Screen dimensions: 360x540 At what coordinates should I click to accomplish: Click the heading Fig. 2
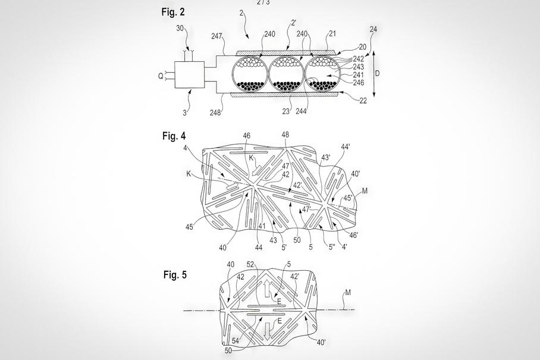[x=173, y=11]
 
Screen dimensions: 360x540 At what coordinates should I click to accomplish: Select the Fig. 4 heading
[x=174, y=136]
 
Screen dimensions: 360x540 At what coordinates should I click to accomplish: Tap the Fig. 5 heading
[x=175, y=274]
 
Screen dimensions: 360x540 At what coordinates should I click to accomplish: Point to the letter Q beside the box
[x=161, y=76]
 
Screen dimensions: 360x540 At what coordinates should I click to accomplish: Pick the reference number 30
[x=180, y=28]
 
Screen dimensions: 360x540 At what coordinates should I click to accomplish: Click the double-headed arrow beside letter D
[x=373, y=74]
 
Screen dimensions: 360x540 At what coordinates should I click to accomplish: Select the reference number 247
[x=216, y=36]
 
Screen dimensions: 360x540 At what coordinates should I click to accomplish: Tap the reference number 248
[x=216, y=111]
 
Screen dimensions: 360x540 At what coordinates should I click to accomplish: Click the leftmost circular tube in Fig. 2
[x=250, y=75]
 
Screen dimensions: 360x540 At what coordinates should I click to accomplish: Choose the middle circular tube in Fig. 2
[x=286, y=75]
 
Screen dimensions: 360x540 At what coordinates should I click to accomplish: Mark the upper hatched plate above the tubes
[x=287, y=54]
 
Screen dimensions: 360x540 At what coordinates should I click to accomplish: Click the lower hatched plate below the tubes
[x=287, y=94]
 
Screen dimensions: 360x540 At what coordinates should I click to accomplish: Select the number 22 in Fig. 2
[x=363, y=101]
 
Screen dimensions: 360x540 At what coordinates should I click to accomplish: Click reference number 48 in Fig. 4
[x=285, y=135]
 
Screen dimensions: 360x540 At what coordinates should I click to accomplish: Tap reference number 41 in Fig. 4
[x=262, y=226]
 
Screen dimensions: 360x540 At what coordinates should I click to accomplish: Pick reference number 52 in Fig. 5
[x=250, y=264]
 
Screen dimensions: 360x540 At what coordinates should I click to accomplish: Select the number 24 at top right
[x=373, y=29]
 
